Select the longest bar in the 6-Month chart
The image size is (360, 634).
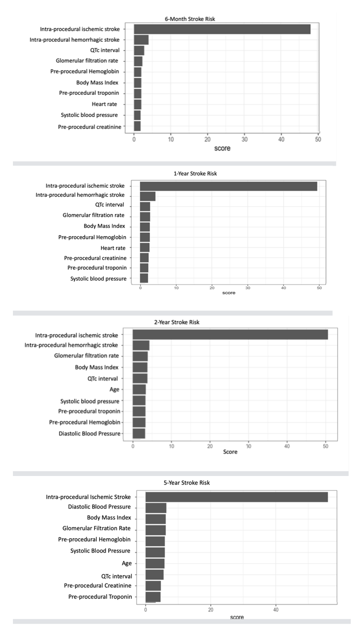[222, 29]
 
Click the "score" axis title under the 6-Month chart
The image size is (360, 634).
[222, 148]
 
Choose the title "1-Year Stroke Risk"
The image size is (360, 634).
[195, 174]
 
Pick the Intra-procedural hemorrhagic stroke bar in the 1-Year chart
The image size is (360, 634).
[147, 196]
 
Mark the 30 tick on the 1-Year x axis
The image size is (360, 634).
[247, 287]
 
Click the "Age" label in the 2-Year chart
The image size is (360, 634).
[114, 389]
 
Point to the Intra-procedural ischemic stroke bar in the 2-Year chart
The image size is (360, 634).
[230, 335]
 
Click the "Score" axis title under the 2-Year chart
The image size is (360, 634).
[230, 452]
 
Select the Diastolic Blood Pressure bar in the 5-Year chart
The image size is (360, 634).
[156, 508]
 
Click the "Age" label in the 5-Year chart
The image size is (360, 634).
[126, 564]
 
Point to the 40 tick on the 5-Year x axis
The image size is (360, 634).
[276, 609]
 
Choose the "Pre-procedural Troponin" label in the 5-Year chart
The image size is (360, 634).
[100, 597]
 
